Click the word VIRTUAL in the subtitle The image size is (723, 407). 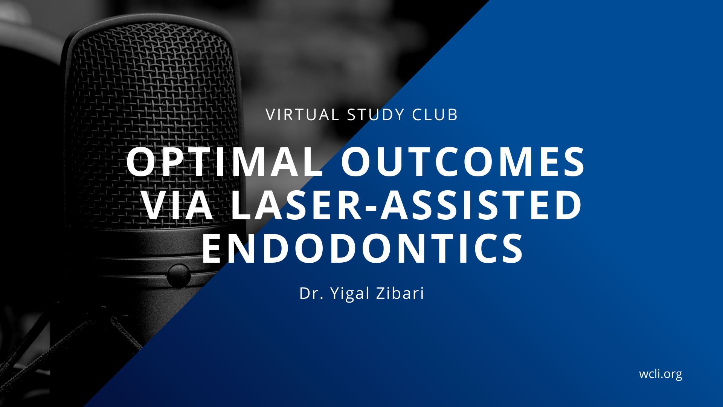tap(302, 115)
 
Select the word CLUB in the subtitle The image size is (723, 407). tap(435, 115)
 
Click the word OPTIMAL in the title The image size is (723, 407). tap(225, 162)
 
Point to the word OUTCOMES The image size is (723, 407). tap(463, 162)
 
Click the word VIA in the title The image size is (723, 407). tap(178, 205)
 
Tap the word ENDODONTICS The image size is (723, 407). tap(363, 248)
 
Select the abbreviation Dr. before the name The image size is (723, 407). tap(311, 293)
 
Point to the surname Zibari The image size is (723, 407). tap(400, 293)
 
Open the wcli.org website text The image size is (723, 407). tap(660, 374)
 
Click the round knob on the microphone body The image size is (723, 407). tap(178, 275)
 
